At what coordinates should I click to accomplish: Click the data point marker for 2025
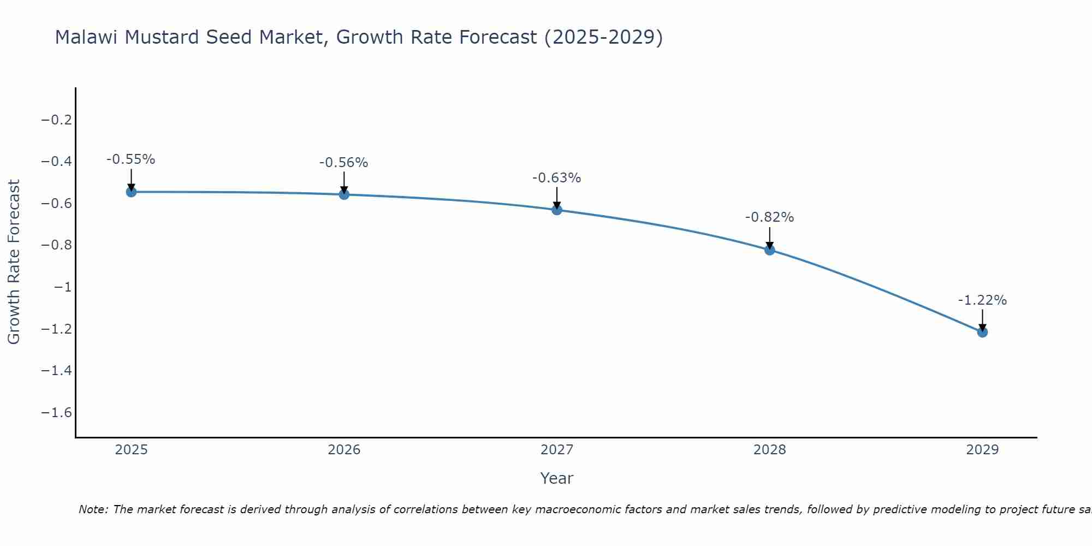131,192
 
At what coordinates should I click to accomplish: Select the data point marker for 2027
557,210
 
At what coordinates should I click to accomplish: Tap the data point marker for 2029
982,332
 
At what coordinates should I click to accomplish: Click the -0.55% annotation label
130,159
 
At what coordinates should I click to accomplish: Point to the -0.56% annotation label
343,162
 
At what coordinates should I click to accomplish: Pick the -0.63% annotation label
556,177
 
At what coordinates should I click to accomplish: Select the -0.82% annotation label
769,217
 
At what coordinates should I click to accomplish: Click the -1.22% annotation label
982,300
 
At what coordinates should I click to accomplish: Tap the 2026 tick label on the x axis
344,450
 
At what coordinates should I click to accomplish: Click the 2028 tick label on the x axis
769,450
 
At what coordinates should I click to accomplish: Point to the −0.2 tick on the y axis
57,120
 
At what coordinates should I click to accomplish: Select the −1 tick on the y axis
62,287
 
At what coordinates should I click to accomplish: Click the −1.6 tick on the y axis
57,412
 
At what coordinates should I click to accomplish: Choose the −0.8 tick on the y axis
57,245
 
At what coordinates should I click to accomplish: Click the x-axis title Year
556,478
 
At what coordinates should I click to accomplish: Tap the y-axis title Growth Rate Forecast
14,262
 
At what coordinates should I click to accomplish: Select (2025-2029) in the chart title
603,37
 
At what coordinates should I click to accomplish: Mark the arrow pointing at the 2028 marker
769,238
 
